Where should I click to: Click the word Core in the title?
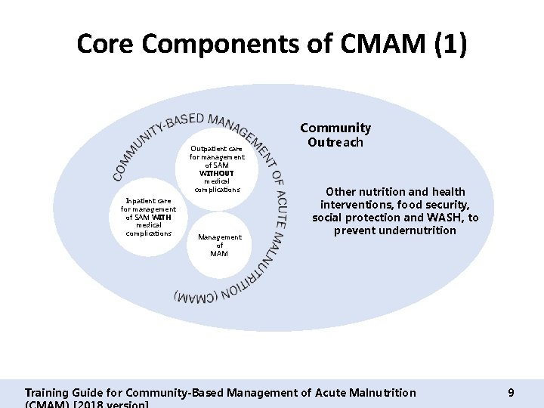[x=105, y=43]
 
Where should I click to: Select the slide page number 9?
[x=511, y=393]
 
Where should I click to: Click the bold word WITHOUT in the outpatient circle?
[x=217, y=173]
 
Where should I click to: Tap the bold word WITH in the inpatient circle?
[x=163, y=218]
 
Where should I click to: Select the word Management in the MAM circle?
[x=220, y=237]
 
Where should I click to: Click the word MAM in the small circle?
[x=220, y=254]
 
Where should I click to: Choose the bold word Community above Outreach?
[x=335, y=128]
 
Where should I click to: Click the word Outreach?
[x=335, y=142]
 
